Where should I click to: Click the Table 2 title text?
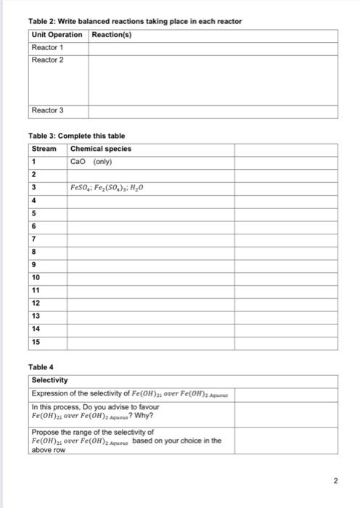(135, 21)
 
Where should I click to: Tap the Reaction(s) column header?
(112, 35)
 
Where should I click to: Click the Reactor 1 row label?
(47, 47)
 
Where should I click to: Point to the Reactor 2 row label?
(47, 60)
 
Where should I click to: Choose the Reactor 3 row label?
(47, 110)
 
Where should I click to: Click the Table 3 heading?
(76, 136)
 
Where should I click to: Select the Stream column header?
(44, 149)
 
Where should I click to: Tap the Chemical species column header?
(101, 149)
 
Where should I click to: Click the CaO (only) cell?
(90, 161)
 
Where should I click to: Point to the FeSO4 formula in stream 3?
(81, 187)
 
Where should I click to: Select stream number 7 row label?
(33, 239)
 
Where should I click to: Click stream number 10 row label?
(36, 277)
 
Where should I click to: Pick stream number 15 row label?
(36, 341)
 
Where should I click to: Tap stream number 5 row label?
(33, 213)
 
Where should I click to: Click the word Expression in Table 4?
(49, 393)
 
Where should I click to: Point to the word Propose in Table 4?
(44, 432)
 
